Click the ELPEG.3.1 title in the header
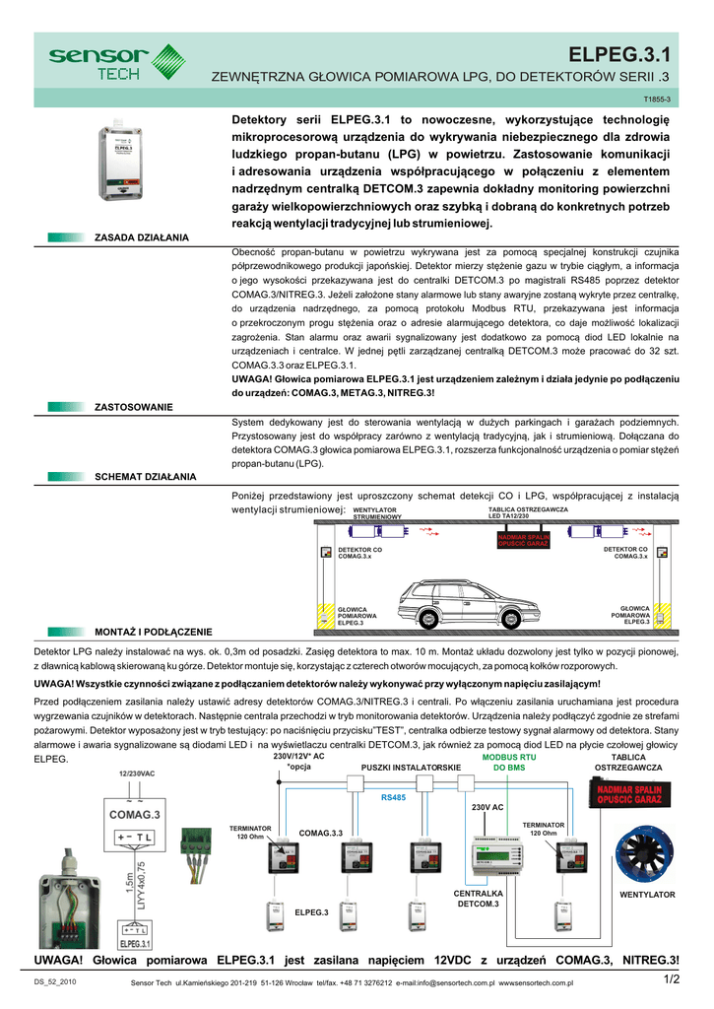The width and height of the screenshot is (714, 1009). pyautogui.click(x=624, y=54)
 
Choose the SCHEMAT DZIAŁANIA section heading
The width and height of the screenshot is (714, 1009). pyautogui.click(x=145, y=476)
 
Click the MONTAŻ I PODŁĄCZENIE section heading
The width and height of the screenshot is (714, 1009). pyautogui.click(x=153, y=631)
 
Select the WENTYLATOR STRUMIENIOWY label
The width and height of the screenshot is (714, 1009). pyautogui.click(x=376, y=512)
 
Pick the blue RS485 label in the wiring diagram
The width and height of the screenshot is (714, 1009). pyautogui.click(x=393, y=797)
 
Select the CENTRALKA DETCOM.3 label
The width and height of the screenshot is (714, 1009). pyautogui.click(x=479, y=898)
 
